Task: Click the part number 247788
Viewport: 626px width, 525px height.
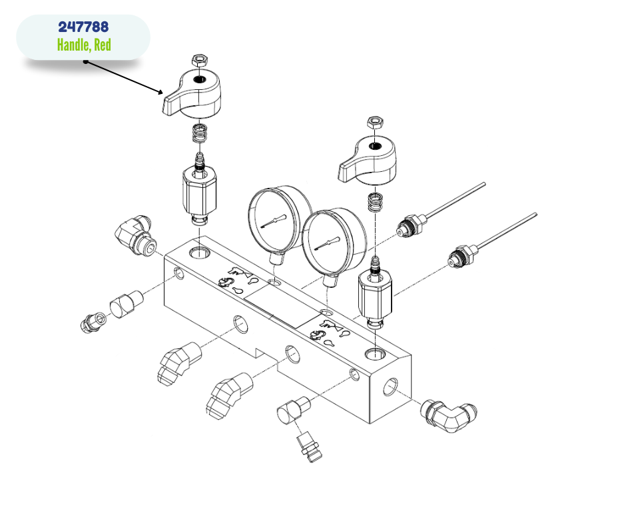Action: coord(83,27)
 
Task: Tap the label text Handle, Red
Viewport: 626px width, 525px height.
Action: coord(84,45)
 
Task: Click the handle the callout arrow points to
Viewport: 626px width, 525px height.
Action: coord(192,94)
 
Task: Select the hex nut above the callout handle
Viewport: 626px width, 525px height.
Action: coord(199,61)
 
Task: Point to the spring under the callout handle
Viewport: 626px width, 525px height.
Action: coord(200,133)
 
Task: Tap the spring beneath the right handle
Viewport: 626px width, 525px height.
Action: coord(375,203)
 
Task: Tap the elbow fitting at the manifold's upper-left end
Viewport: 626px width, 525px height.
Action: coord(136,236)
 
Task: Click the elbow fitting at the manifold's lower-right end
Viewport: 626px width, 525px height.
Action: coord(448,416)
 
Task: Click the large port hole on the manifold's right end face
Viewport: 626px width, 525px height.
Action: coord(390,387)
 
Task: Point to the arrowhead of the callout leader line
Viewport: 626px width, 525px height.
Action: coord(160,93)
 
